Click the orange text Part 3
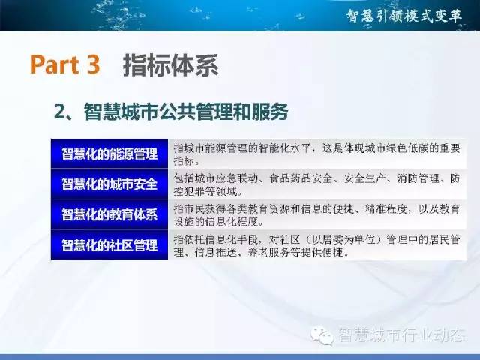tap(65, 64)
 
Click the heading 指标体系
tap(170, 65)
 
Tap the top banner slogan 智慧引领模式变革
tap(404, 16)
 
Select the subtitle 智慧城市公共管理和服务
tap(186, 112)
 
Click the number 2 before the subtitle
tap(60, 112)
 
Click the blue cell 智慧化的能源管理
tap(109, 154)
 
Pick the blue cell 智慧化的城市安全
tap(109, 184)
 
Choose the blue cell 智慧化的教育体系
tap(109, 214)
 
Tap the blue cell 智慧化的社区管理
tap(109, 244)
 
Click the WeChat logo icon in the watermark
tap(322, 334)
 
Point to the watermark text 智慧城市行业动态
tap(401, 334)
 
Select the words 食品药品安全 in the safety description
tap(301, 178)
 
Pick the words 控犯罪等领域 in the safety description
tap(205, 192)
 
